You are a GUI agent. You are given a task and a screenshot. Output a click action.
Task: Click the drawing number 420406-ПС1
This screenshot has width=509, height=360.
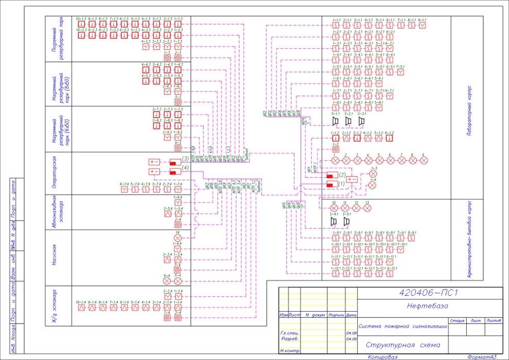(429, 293)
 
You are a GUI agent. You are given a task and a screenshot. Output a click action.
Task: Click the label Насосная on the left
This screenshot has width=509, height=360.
(53, 257)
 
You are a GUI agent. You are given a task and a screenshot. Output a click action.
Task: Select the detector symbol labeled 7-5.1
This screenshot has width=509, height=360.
(402, 71)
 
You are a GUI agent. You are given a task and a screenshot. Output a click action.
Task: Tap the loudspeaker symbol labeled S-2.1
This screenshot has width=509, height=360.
(348, 121)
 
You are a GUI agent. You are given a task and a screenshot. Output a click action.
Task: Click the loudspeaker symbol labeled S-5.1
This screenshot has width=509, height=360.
(346, 221)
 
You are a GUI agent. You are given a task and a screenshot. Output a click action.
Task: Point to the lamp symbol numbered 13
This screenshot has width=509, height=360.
(367, 208)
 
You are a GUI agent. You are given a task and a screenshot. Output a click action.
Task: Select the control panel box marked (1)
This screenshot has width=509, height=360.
(331, 184)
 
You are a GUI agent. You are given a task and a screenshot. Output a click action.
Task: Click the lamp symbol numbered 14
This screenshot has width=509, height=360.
(178, 238)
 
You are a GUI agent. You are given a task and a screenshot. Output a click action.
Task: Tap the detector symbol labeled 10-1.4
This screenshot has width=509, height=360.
(80, 307)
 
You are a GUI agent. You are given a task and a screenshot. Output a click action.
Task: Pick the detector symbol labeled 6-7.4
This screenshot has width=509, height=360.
(124, 189)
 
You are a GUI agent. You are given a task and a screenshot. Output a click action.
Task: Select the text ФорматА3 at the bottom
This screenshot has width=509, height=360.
(481, 356)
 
